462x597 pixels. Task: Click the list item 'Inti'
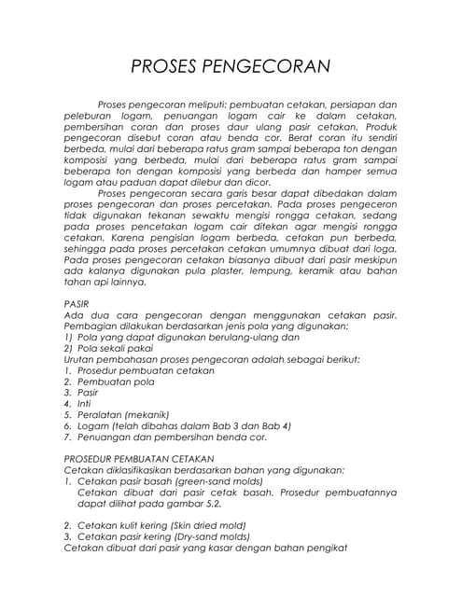[x=85, y=403]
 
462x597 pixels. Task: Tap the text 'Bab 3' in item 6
[x=226, y=425]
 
